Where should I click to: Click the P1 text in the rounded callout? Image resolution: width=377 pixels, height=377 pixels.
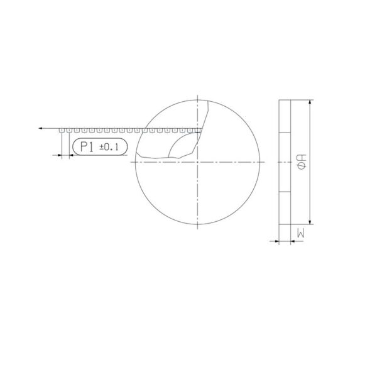pos(87,146)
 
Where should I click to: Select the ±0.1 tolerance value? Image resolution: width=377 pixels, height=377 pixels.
pos(109,147)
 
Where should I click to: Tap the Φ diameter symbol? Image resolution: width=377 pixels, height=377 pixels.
pos(302,166)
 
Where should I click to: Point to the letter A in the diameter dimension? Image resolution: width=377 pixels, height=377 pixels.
pos(302,158)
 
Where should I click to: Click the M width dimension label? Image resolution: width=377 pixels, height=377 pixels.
pos(300,233)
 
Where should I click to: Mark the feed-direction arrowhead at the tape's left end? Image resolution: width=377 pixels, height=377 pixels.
pos(41,128)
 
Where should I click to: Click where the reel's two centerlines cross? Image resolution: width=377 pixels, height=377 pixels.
pos(198,162)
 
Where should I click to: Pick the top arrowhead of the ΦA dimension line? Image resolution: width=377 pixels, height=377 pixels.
pos(310,102)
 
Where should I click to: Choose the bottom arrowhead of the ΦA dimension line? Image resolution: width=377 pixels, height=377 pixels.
pos(310,222)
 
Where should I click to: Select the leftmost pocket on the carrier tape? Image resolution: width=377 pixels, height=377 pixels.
pos(62,130)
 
